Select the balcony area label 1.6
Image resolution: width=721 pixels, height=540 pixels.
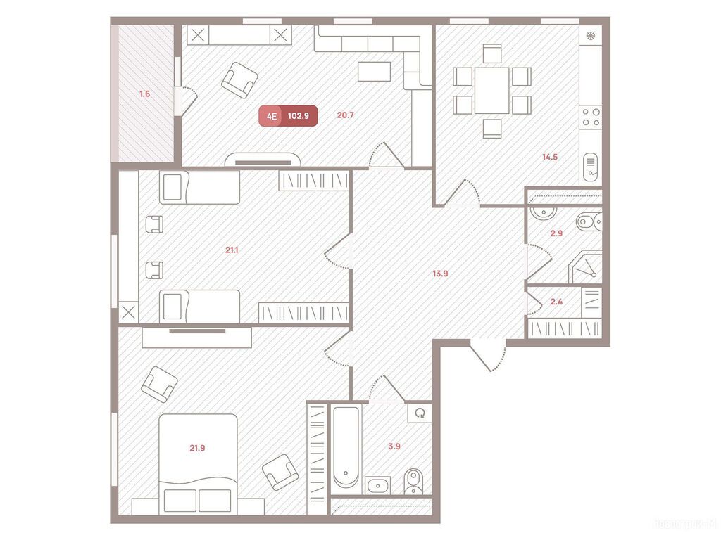click(x=144, y=94)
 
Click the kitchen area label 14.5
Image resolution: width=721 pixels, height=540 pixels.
click(x=550, y=157)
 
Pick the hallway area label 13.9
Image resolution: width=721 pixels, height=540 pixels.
click(x=440, y=274)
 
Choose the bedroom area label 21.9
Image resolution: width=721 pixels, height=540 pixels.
click(x=197, y=447)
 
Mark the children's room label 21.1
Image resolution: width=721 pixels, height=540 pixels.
click(x=231, y=249)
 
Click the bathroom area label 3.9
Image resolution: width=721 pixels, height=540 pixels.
click(x=394, y=446)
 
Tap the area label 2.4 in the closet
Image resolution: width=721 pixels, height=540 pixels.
click(x=556, y=302)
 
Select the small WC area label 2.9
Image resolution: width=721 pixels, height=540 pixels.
click(x=556, y=233)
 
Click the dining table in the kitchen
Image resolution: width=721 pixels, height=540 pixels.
click(x=491, y=90)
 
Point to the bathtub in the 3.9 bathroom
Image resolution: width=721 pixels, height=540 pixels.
click(x=346, y=446)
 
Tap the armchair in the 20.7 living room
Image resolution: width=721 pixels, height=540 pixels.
click(x=239, y=79)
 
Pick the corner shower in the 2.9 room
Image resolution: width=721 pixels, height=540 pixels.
click(x=587, y=268)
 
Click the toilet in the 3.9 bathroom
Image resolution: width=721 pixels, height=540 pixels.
click(x=413, y=482)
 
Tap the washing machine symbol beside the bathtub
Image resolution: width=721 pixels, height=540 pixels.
click(x=421, y=413)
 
